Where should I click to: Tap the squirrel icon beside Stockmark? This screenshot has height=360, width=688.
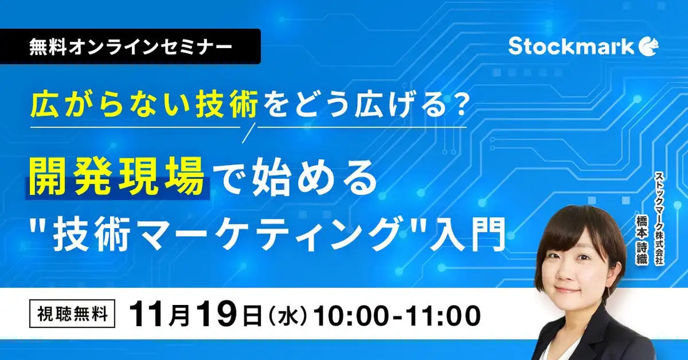click(x=649, y=46)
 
